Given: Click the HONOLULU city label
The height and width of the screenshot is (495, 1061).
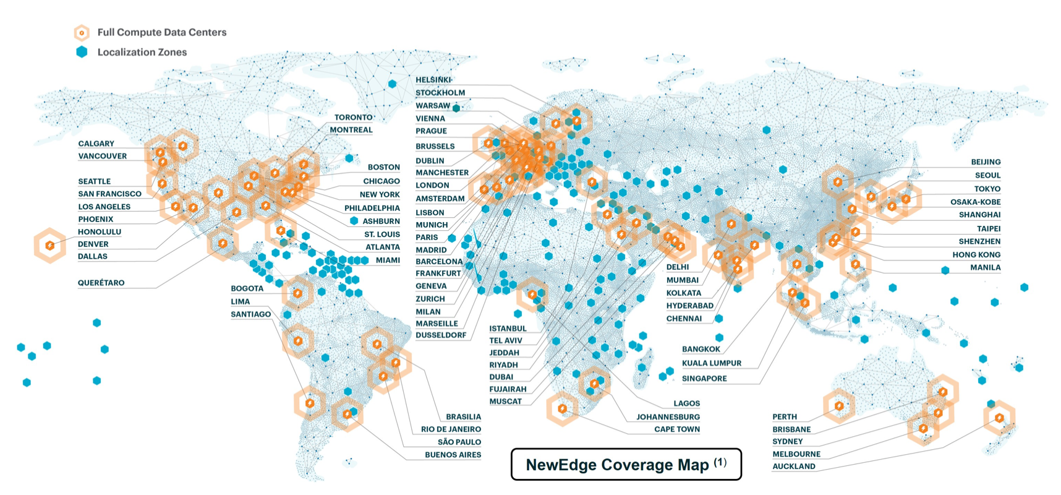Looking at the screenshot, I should click(x=100, y=232).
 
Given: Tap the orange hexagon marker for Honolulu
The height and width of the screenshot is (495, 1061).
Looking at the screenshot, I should click(x=49, y=246).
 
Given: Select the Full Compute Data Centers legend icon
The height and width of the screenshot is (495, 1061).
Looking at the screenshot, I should click(x=82, y=32).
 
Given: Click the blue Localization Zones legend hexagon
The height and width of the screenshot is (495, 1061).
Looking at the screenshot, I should click(x=82, y=52).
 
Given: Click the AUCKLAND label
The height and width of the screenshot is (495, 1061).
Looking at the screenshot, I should click(x=794, y=467).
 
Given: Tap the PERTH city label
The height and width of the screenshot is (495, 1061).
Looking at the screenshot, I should click(x=785, y=417).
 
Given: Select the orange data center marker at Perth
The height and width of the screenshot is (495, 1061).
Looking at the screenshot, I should click(x=839, y=406).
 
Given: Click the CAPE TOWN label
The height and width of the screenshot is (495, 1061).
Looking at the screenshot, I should click(x=677, y=429).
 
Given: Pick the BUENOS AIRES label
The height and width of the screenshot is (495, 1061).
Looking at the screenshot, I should click(x=453, y=455).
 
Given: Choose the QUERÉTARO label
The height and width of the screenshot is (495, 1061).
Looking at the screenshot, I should click(x=101, y=283).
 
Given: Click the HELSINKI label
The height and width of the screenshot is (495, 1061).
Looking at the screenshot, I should click(x=433, y=80).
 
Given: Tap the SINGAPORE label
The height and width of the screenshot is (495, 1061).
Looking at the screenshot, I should click(x=704, y=379).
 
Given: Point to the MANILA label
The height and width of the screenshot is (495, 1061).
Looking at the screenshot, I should click(x=985, y=268).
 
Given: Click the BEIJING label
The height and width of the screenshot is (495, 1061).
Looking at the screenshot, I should click(x=986, y=162).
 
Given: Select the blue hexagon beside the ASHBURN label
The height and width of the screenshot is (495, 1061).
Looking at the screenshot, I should click(x=354, y=221).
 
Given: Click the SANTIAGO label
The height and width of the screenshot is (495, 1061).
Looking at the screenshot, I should click(x=251, y=314).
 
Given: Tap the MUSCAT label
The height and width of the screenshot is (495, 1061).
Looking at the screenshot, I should click(x=506, y=402).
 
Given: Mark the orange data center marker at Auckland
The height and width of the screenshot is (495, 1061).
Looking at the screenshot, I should click(x=999, y=418).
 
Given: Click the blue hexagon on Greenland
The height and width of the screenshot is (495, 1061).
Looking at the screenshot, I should click(x=393, y=84).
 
